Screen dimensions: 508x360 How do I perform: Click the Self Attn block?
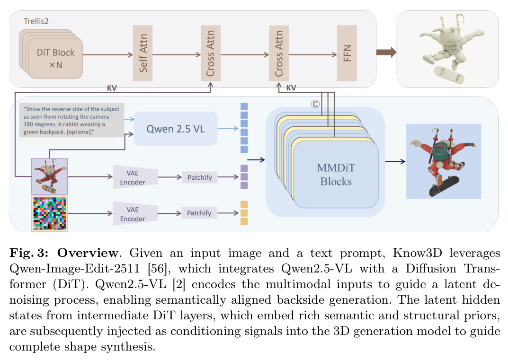click(143, 53)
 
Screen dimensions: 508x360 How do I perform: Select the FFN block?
click(347, 53)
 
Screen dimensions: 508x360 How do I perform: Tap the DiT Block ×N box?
click(55, 58)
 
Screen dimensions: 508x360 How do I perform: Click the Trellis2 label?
click(36, 21)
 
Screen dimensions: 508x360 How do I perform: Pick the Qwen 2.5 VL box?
click(175, 129)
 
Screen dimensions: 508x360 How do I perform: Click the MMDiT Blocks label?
click(336, 175)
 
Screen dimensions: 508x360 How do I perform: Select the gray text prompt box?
click(71, 120)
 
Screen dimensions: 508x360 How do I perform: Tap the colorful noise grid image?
click(49, 214)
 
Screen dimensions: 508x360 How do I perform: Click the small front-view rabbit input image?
click(49, 176)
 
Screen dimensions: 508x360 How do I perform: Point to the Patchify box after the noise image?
click(199, 213)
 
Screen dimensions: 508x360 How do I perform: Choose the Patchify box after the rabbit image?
click(200, 177)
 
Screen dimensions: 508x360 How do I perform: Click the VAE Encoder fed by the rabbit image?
click(135, 177)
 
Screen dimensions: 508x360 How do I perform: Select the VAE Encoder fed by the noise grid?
click(135, 214)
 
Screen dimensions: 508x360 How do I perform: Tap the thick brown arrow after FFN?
click(386, 52)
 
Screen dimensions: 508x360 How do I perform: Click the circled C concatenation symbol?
click(315, 104)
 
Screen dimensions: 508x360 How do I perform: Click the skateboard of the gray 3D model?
click(449, 75)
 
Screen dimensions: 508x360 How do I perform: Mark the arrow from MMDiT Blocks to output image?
click(395, 161)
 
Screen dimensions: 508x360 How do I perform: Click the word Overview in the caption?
click(88, 253)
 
